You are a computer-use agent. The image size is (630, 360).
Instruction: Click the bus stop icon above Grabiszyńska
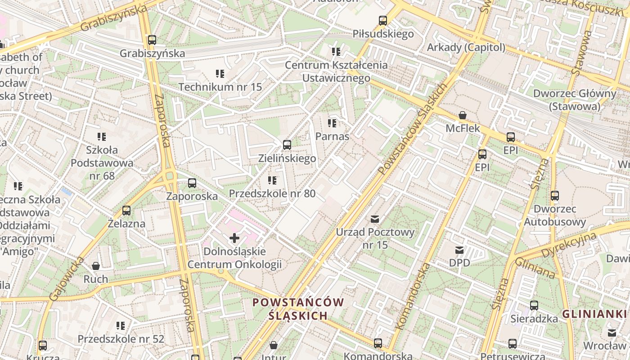152,40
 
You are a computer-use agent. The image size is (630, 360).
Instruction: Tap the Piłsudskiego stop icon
383,20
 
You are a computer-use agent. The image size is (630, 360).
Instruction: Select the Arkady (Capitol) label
466,47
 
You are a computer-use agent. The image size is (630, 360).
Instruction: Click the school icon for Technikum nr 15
220,73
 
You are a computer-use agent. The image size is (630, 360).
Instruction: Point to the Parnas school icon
332,123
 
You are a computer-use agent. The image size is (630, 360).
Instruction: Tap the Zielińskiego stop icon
287,145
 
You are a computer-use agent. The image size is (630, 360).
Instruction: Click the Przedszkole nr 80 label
272,193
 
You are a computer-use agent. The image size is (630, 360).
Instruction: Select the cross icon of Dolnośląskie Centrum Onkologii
234,238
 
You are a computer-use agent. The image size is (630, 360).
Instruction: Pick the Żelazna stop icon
126,210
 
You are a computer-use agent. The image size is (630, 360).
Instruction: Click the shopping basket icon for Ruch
96,266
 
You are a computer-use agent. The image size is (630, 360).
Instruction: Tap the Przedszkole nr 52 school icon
121,325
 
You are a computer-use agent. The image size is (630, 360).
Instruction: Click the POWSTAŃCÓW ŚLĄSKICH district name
298,309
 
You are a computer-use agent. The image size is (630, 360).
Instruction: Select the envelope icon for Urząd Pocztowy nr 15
375,219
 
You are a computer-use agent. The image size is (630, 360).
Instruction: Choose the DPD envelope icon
459,250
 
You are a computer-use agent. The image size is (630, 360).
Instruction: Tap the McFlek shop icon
463,115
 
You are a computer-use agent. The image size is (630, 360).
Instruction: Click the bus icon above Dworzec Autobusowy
555,196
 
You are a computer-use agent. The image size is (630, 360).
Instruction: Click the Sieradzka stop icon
534,305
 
